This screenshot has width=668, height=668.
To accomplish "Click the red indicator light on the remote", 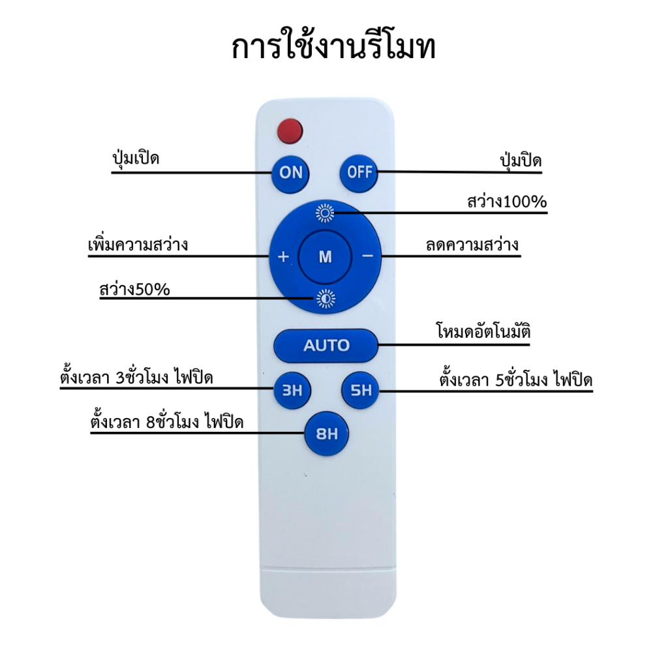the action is (290, 130).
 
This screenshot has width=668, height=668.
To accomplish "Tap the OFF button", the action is (359, 173).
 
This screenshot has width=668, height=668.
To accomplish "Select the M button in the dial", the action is (325, 257).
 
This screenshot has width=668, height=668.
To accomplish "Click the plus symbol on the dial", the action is (283, 256).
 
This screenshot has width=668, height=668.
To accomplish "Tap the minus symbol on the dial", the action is (367, 256).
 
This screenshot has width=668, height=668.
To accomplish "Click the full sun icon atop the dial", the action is (325, 213).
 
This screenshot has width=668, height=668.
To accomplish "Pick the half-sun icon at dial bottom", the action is (326, 299).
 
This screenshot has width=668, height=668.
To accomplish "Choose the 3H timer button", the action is (292, 390).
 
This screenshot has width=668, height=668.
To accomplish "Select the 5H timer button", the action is (360, 390).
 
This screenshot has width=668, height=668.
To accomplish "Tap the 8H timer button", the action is (327, 434).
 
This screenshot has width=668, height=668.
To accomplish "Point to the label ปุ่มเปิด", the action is (136, 159).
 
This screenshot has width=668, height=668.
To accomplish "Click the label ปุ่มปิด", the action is (521, 160).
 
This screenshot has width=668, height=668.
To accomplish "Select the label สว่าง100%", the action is (507, 201).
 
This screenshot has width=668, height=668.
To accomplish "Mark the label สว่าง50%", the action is (134, 289).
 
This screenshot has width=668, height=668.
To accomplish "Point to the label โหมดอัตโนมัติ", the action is (483, 331).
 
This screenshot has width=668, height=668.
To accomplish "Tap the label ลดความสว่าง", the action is (472, 245).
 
